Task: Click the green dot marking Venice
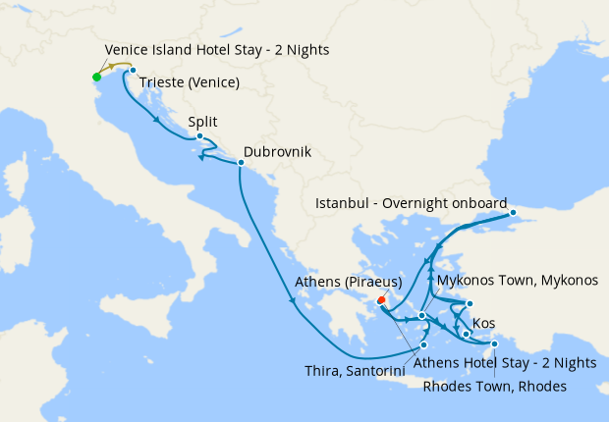tap(96, 77)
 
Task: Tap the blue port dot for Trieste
tap(133, 71)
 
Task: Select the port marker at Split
tap(199, 136)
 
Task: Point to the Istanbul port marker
tap(513, 213)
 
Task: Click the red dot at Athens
tap(381, 302)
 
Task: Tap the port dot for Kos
tap(467, 334)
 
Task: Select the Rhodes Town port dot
tap(495, 343)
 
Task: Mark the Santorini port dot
tap(424, 344)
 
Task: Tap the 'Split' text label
tap(202, 123)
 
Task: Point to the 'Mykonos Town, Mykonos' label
tap(518, 281)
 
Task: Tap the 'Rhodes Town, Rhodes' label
tap(494, 386)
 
